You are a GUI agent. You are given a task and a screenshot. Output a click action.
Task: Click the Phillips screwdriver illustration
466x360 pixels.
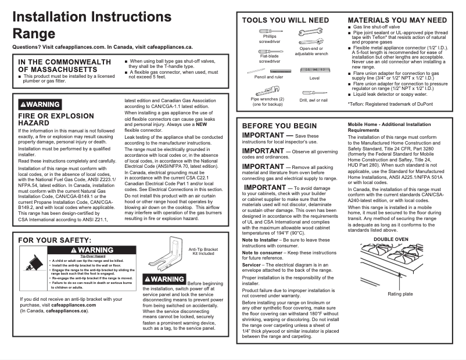[x=270, y=31]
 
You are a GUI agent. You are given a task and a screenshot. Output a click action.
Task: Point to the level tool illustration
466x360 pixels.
[x=314, y=70]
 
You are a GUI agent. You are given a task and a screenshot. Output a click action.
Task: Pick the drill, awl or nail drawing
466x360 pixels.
[x=314, y=92]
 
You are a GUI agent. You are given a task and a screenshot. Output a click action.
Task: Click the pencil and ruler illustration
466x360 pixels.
[x=268, y=70]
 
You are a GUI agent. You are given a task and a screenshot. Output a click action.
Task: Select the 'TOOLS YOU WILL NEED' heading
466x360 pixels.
[x=285, y=20]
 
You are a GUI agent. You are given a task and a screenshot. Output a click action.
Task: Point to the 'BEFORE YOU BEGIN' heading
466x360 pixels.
[x=279, y=126]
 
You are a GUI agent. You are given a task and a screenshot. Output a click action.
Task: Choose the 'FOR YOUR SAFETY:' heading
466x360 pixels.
[x=55, y=240]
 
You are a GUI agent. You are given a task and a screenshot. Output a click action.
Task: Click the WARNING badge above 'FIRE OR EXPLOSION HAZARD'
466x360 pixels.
[x=40, y=105]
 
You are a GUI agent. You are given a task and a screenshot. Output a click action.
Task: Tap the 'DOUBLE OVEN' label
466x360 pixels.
[x=390, y=239]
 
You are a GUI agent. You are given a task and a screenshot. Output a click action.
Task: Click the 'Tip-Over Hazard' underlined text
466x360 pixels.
[x=92, y=256]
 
